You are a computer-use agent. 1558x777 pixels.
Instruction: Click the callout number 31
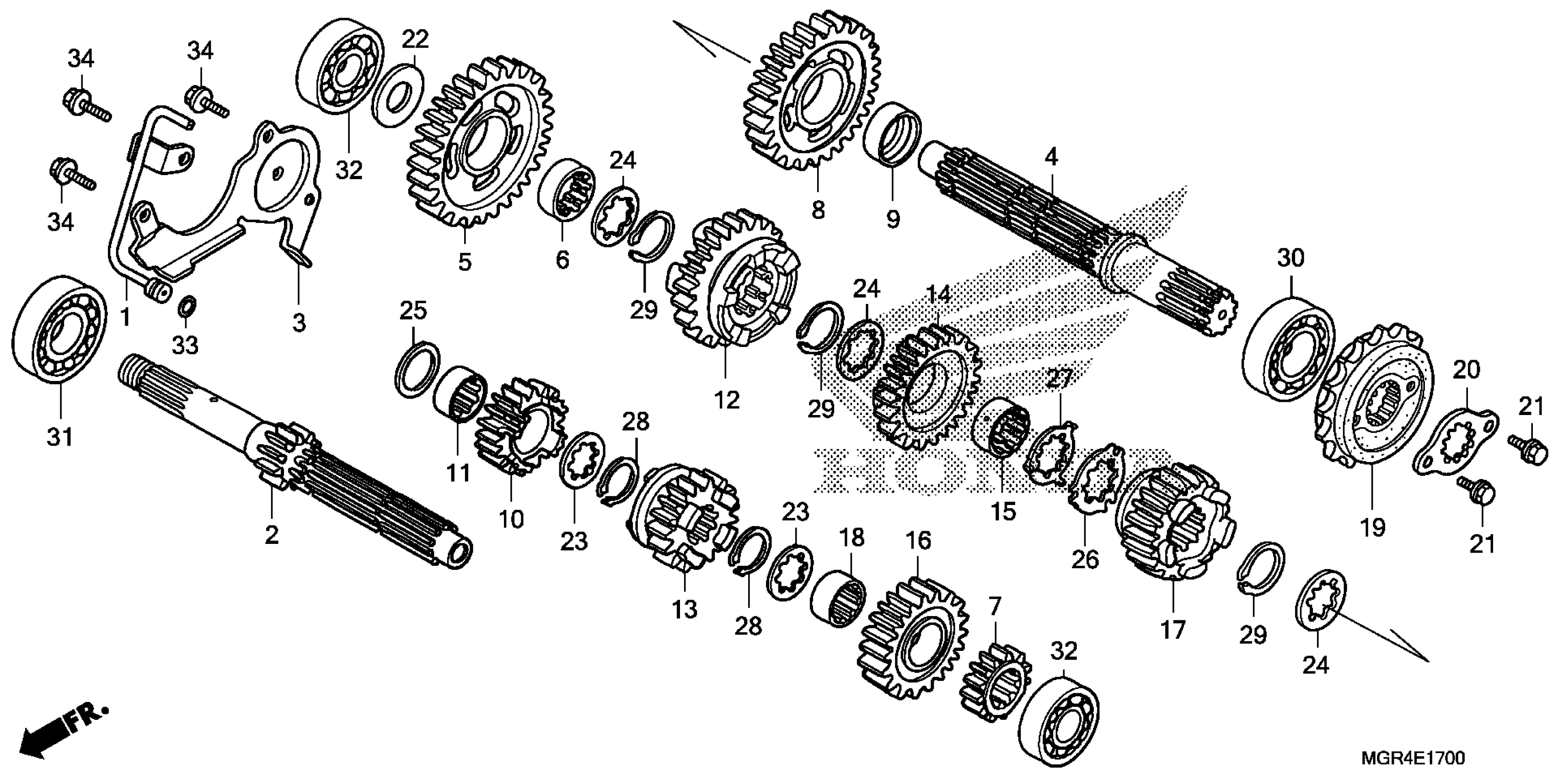[x=60, y=436]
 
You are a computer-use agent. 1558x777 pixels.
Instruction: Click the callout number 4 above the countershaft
[x=1051, y=157]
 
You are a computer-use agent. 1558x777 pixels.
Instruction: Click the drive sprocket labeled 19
[x=1373, y=405]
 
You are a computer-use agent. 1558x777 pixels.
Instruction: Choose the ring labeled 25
[x=418, y=369]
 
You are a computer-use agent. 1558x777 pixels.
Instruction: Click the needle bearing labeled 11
[x=460, y=394]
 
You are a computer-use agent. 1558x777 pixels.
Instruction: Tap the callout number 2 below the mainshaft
[x=271, y=534]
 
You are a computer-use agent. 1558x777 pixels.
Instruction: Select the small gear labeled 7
[x=995, y=683]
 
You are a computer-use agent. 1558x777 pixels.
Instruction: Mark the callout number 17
[x=1172, y=631]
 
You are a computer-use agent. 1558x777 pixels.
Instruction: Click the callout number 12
[x=726, y=399]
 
